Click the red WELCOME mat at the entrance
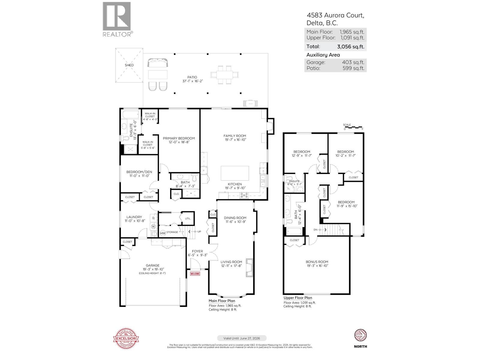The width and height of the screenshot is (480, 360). coord(195,274)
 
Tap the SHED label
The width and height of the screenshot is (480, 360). coord(129,65)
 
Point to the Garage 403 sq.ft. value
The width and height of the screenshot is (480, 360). coord(353,62)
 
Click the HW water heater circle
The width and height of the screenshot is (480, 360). coord(163,233)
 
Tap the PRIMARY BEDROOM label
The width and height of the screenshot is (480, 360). coord(179,138)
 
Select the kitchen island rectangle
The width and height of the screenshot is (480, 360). coord(235,173)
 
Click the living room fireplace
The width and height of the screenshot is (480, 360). coord(249,268)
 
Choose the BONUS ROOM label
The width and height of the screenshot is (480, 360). coord(317,262)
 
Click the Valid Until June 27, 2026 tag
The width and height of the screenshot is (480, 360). coord(242,338)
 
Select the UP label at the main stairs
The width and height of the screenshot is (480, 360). coord(199,232)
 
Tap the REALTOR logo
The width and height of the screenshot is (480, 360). coord(117,19)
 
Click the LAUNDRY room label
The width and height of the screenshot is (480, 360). coord(134,217)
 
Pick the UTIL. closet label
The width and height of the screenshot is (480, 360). coord(188,219)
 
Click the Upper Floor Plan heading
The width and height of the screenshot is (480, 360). coord(298,298)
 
